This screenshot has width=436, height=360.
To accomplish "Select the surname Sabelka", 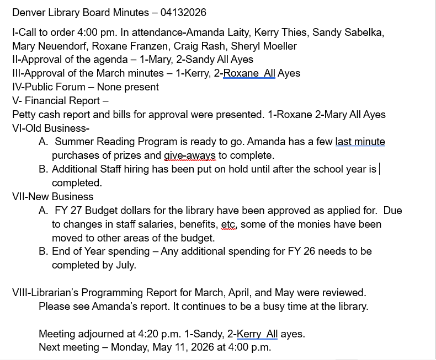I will (363, 32).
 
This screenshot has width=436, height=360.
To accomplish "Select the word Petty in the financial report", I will (25, 115).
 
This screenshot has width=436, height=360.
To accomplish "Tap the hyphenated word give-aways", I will (189, 155).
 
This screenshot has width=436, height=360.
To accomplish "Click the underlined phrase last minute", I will (360, 142).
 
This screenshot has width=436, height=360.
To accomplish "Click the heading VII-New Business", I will (53, 197).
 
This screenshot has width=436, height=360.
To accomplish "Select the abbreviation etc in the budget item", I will (228, 224).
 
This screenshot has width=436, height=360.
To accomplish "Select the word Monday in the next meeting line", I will (129, 347).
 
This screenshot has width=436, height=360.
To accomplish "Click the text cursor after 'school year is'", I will (379, 169).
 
